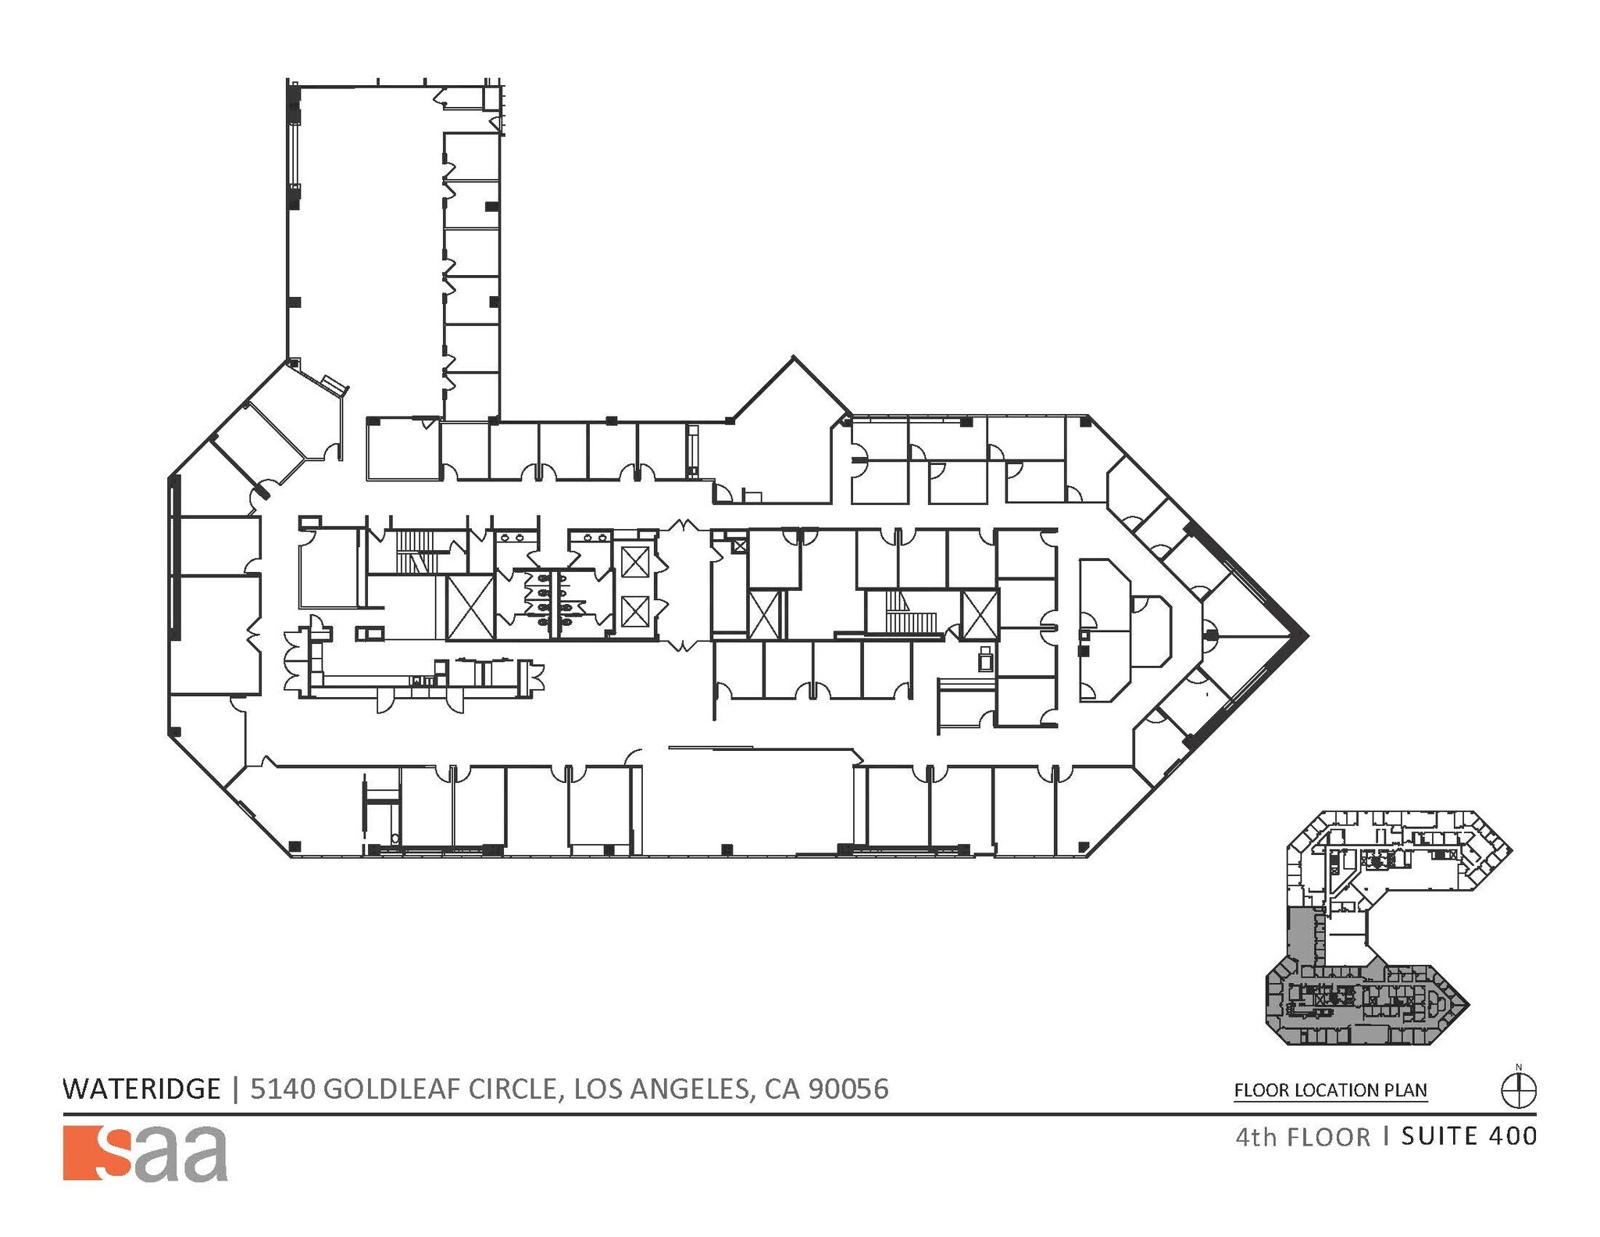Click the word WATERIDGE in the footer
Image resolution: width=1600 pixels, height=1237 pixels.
coord(141,1089)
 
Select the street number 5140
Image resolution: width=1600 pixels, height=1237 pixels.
coord(282,1089)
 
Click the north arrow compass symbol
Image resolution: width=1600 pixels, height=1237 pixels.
coord(1518,1090)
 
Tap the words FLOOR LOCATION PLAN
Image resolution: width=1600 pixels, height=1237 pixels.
coord(1330,1090)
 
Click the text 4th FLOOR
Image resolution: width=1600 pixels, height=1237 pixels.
coord(1302,1137)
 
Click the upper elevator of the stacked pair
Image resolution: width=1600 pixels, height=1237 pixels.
coord(634,563)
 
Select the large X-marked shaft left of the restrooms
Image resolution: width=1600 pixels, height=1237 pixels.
coord(470,608)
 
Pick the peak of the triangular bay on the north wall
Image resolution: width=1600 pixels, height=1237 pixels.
coord(794,359)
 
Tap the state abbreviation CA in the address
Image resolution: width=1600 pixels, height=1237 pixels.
coord(782,1089)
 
